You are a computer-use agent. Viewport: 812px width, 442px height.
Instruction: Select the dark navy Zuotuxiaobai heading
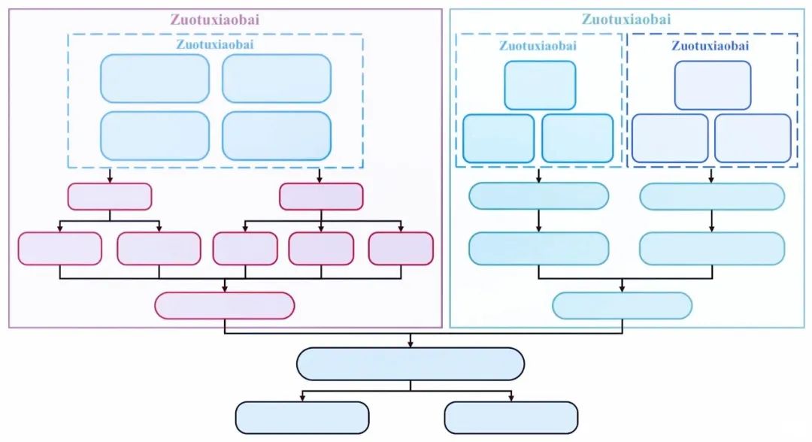click(710, 46)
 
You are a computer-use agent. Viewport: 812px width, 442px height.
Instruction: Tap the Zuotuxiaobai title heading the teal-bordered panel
click(626, 20)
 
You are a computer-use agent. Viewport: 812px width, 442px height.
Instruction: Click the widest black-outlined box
click(410, 364)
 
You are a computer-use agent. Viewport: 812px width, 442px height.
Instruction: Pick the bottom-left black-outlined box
click(302, 417)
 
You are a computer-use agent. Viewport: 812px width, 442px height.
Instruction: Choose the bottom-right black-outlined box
click(511, 417)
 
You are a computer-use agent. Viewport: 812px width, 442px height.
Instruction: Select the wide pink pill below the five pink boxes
click(224, 305)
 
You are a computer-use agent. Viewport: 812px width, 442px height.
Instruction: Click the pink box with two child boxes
click(110, 196)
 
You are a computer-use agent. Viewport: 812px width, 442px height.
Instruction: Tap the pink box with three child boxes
click(321, 196)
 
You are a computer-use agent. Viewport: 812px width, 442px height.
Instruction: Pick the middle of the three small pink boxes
click(321, 249)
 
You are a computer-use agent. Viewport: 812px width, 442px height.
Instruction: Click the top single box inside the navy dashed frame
click(712, 85)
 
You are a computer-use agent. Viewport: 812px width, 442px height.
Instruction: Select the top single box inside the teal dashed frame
click(540, 85)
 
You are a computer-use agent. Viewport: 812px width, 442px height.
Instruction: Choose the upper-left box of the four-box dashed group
click(155, 78)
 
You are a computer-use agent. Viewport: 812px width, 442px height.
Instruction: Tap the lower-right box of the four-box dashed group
click(277, 136)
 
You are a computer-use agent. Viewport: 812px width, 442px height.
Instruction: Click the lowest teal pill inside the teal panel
click(622, 305)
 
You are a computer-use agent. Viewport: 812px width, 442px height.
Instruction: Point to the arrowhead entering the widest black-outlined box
click(410, 345)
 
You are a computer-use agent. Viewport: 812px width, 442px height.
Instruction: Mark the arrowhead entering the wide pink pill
click(225, 289)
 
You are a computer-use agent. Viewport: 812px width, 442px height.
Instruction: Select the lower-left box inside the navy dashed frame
click(670, 138)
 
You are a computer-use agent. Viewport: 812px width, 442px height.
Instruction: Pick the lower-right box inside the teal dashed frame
click(577, 138)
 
